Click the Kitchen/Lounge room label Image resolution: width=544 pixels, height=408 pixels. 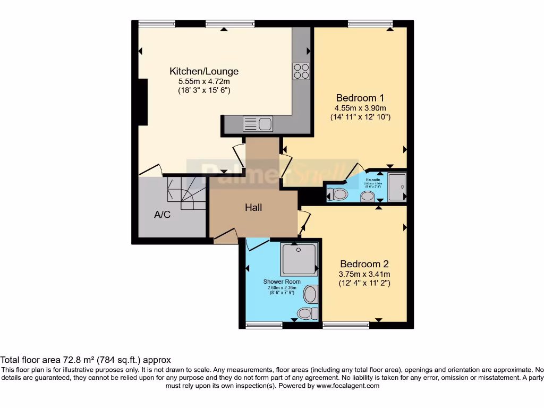click(x=204, y=71)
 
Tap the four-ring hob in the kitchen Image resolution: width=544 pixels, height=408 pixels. click(x=301, y=71)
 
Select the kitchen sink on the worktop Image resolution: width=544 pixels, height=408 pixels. click(x=258, y=124)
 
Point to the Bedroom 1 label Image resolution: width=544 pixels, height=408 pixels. click(x=360, y=98)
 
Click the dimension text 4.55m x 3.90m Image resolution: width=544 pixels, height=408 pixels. click(x=360, y=108)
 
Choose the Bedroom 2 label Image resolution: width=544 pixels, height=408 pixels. click(x=364, y=264)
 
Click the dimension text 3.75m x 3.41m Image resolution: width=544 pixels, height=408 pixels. click(x=364, y=274)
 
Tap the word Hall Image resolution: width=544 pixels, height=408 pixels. click(x=253, y=208)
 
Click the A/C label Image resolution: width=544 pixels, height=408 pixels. click(x=162, y=215)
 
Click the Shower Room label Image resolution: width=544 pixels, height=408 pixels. click(x=282, y=282)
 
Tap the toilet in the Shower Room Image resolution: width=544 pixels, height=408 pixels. click(x=305, y=313)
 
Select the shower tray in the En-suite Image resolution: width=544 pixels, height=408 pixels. click(x=397, y=187)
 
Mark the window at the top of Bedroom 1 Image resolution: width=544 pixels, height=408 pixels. click(x=370, y=23)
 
